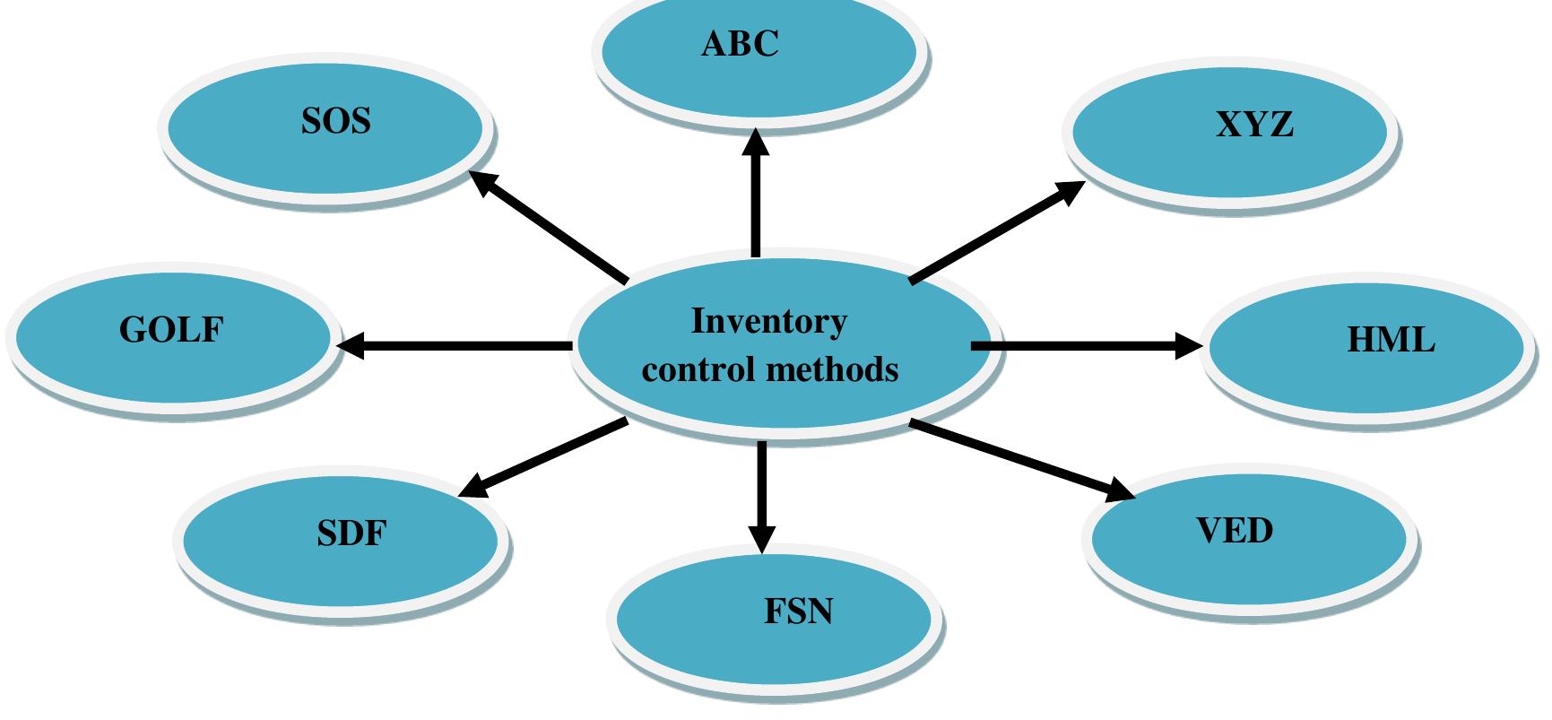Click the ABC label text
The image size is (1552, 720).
click(x=740, y=43)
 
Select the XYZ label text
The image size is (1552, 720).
click(x=1254, y=125)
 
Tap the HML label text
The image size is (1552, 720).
click(x=1391, y=340)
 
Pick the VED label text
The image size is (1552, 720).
click(x=1235, y=530)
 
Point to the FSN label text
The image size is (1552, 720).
click(x=798, y=612)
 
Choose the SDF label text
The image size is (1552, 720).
click(x=351, y=533)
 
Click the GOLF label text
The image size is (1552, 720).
click(x=170, y=330)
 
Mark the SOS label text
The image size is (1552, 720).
click(x=335, y=120)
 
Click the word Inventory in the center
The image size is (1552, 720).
click(x=768, y=321)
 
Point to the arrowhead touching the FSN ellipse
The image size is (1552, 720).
click(x=761, y=538)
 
